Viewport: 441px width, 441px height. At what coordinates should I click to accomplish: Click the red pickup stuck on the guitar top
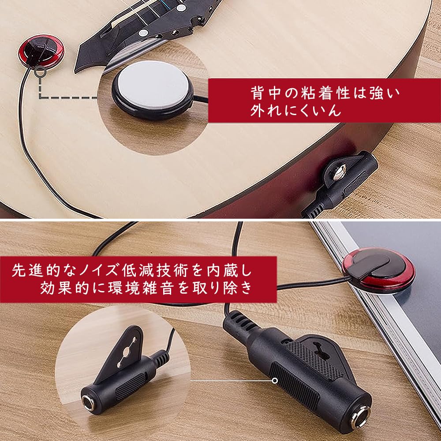coord(41,51)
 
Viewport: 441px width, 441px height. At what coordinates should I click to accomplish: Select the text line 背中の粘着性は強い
coord(327,94)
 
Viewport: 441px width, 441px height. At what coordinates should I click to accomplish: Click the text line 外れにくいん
coord(296,110)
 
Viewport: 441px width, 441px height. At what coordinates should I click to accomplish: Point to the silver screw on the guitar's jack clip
coord(339,173)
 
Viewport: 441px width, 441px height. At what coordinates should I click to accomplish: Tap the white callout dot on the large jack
coord(274,380)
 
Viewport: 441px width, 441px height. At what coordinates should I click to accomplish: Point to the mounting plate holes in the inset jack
coord(126,353)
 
